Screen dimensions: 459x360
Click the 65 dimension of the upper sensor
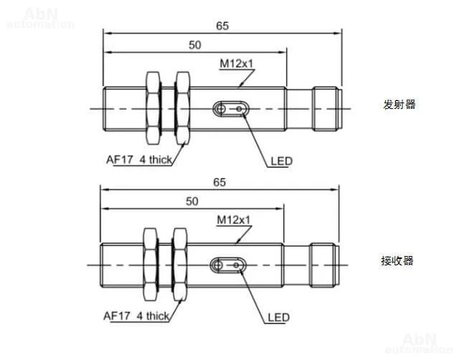(222, 26)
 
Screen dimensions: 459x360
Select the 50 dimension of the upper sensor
(195, 45)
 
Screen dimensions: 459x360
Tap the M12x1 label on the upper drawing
(236, 63)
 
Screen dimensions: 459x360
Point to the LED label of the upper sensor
(282, 161)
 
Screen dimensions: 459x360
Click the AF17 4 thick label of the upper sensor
(139, 160)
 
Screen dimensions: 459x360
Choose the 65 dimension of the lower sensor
(219, 182)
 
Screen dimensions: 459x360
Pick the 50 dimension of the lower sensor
(192, 202)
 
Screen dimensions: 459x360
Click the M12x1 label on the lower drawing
(234, 219)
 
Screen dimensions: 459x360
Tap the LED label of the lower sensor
(279, 317)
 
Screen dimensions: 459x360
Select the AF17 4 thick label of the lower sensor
(136, 316)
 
